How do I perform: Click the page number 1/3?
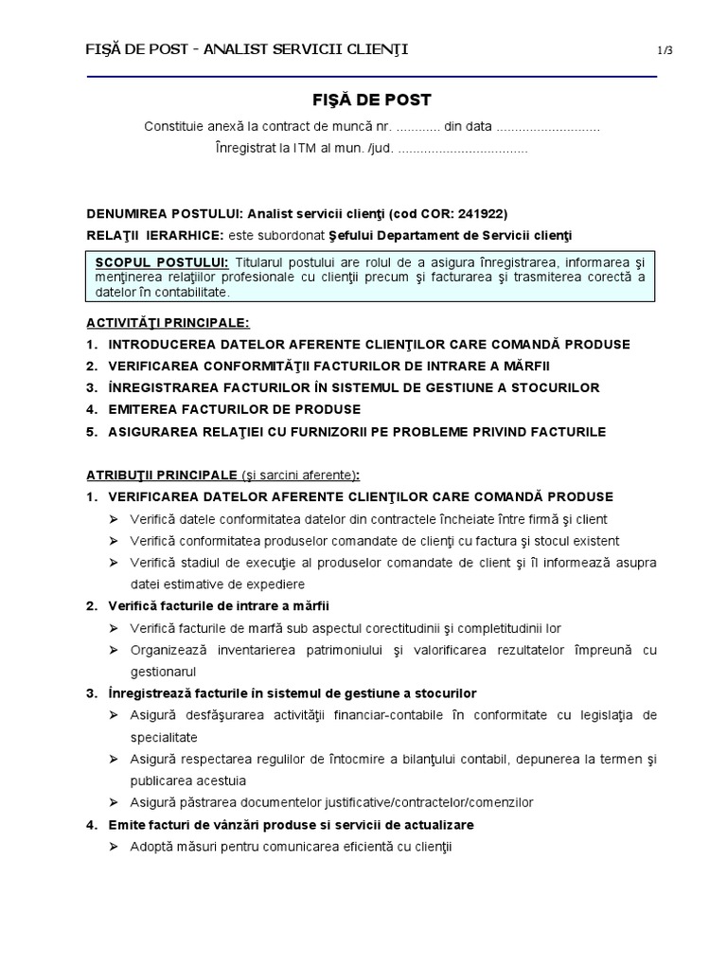665,50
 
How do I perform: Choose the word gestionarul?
164,671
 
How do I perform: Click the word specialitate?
164,736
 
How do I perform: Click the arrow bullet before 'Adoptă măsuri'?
113,846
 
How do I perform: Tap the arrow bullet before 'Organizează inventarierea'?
113,650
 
